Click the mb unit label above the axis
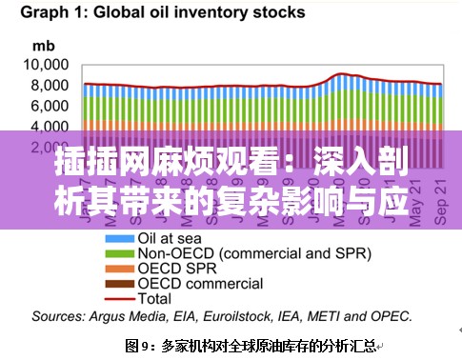click(x=44, y=45)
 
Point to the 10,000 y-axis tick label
click(x=47, y=65)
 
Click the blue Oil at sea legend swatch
click(x=121, y=238)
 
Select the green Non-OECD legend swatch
click(x=121, y=253)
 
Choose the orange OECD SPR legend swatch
click(x=121, y=269)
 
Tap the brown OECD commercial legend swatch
click(x=121, y=284)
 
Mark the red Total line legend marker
click(x=121, y=298)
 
